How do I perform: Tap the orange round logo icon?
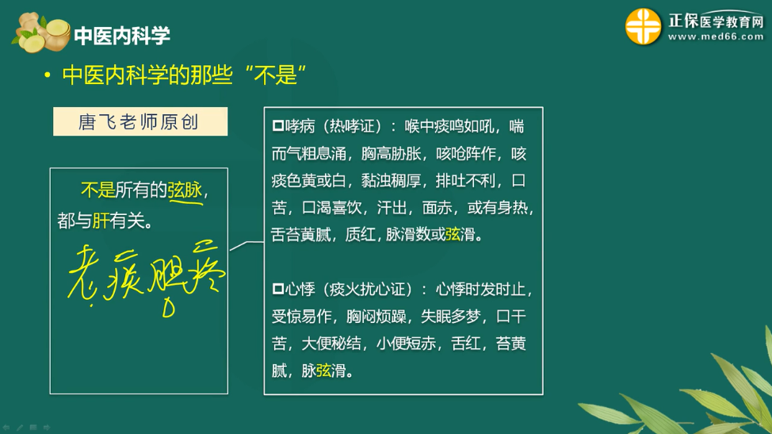[x=643, y=28]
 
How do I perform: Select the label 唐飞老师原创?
[x=139, y=122]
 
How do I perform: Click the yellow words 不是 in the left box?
[x=98, y=190]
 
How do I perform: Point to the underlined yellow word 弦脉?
[x=185, y=190]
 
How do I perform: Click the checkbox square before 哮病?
[x=277, y=127]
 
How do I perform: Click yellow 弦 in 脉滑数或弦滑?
[x=453, y=235]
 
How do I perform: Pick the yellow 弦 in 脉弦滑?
[x=323, y=370]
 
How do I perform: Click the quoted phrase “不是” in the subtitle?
[x=277, y=75]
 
